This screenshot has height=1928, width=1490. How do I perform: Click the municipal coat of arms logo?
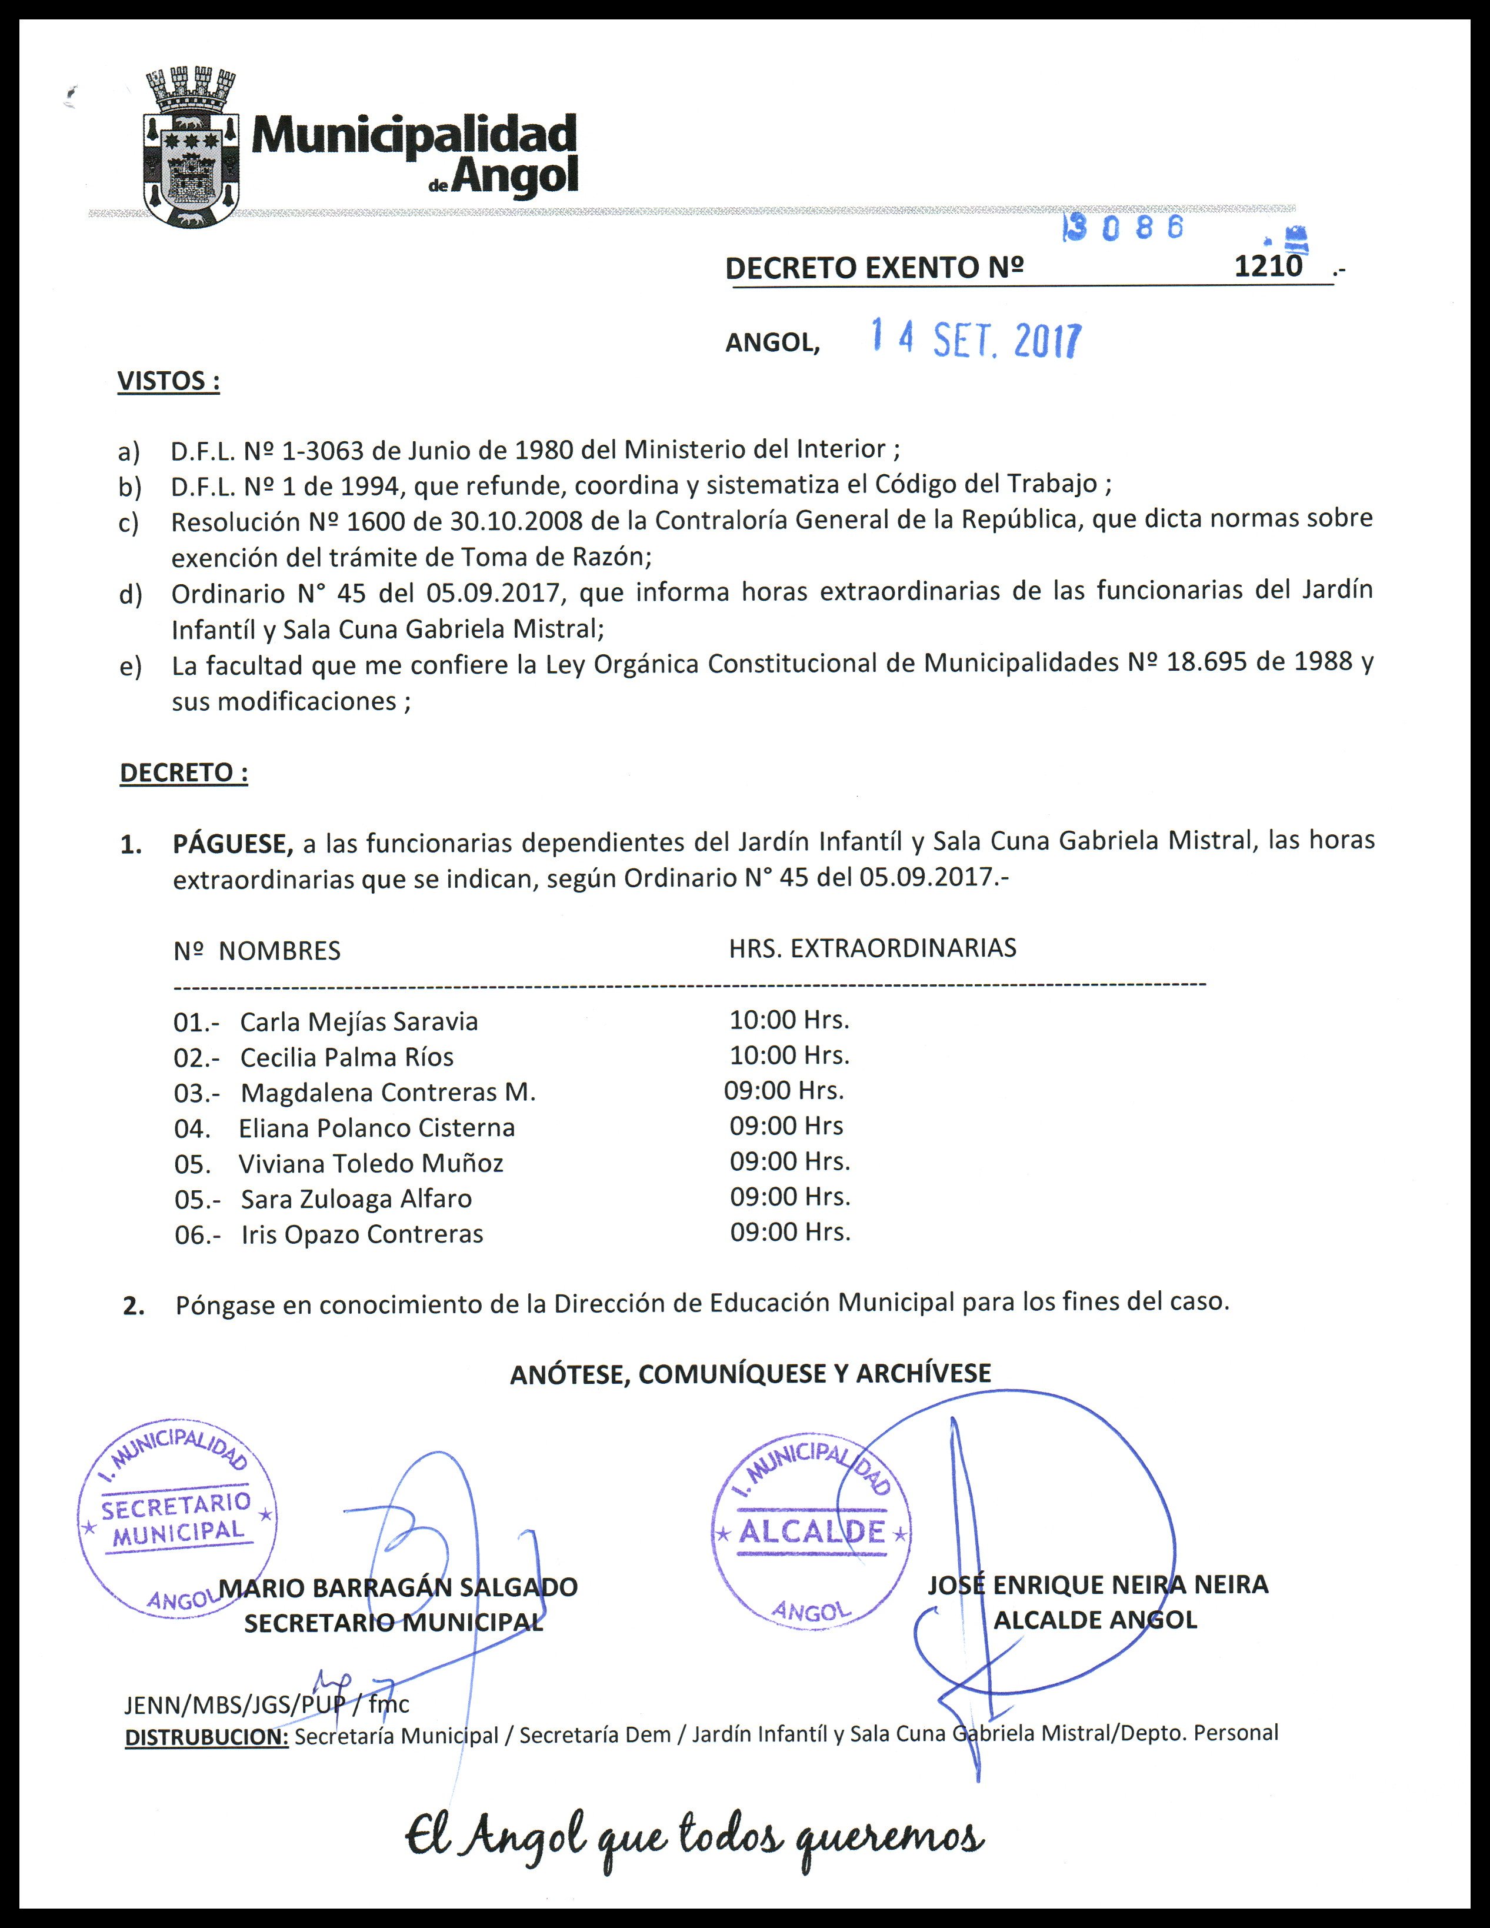(x=191, y=148)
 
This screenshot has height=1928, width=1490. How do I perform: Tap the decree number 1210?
(x=1268, y=267)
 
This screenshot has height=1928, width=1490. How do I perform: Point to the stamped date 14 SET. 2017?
(x=975, y=339)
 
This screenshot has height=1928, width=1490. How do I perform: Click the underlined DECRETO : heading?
(x=184, y=772)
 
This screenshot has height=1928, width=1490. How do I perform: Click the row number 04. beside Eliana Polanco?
(x=192, y=1128)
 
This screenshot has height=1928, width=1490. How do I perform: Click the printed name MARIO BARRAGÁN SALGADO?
(x=398, y=1587)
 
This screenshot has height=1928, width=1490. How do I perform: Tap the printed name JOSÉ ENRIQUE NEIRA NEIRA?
(x=1097, y=1584)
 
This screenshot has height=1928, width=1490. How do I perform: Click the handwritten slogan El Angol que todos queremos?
(x=694, y=1840)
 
